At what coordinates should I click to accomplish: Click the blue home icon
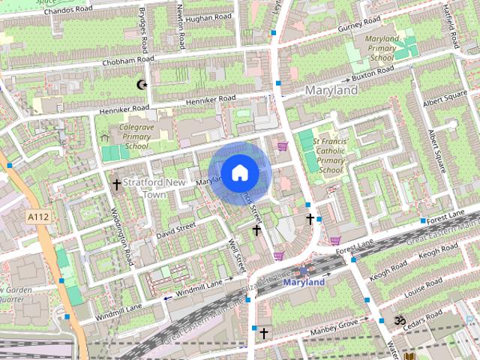(x=239, y=173)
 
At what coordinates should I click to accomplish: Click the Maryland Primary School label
(x=382, y=47)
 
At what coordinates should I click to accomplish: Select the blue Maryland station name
(x=304, y=282)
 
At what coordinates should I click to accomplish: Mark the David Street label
(x=176, y=229)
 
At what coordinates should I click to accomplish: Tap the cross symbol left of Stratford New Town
(x=116, y=184)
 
